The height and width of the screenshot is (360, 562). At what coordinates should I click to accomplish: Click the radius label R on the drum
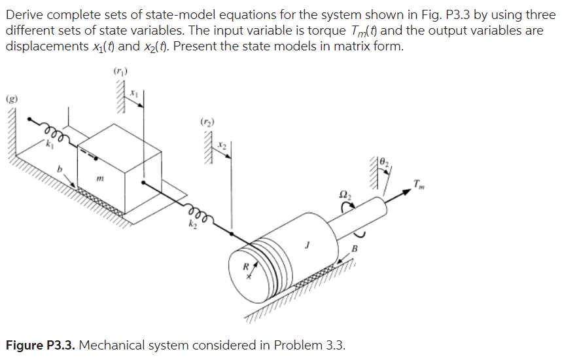coord(244,267)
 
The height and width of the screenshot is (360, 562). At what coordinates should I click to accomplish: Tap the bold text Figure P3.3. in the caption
coord(41,345)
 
